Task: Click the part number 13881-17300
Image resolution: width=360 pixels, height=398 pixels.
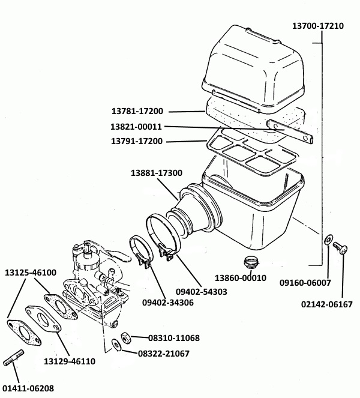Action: pyautogui.click(x=157, y=173)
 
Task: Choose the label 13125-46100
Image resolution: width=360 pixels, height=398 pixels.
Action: pyautogui.click(x=31, y=272)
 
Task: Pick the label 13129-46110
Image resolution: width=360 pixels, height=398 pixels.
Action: pyautogui.click(x=69, y=361)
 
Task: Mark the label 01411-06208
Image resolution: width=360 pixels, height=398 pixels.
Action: pyautogui.click(x=27, y=388)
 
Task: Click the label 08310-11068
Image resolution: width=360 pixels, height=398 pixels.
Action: pyautogui.click(x=165, y=338)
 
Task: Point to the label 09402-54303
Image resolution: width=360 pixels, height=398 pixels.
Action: pyautogui.click(x=202, y=291)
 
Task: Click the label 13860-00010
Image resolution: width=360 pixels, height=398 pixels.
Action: pyautogui.click(x=241, y=279)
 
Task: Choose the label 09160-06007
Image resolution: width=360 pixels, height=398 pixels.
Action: pyautogui.click(x=306, y=282)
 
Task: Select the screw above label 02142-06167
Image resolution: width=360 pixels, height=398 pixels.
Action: pyautogui.click(x=340, y=247)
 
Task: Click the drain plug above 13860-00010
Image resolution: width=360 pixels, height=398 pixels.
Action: pyautogui.click(x=250, y=262)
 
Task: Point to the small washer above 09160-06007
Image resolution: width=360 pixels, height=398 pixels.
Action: pyautogui.click(x=326, y=240)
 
